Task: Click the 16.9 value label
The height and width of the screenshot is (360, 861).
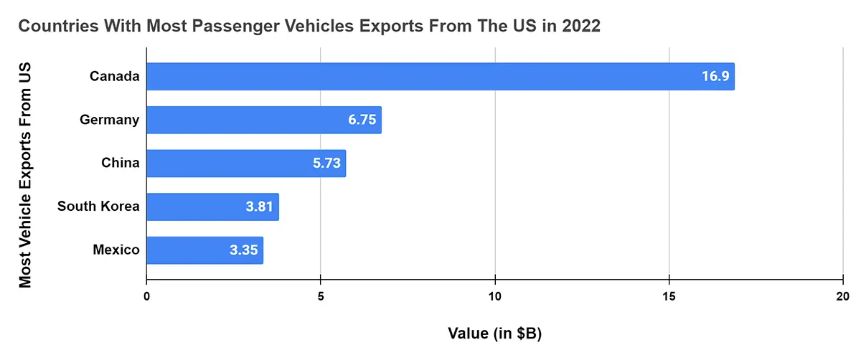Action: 715,76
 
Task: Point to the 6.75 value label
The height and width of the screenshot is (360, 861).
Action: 362,120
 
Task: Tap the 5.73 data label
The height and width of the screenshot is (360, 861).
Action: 326,164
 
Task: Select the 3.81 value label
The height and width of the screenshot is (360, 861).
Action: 260,207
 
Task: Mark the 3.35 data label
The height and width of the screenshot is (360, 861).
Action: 244,250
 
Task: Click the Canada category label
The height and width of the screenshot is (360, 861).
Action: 114,76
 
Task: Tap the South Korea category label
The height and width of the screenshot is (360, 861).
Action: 98,207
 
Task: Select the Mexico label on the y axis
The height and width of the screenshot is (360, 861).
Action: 116,250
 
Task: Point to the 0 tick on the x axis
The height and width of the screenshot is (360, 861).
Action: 146,296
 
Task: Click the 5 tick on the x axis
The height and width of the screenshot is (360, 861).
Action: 321,296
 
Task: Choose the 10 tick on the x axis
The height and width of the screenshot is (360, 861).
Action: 494,296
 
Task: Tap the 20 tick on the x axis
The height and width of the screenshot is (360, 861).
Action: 843,296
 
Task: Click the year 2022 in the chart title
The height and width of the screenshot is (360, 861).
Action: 580,27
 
